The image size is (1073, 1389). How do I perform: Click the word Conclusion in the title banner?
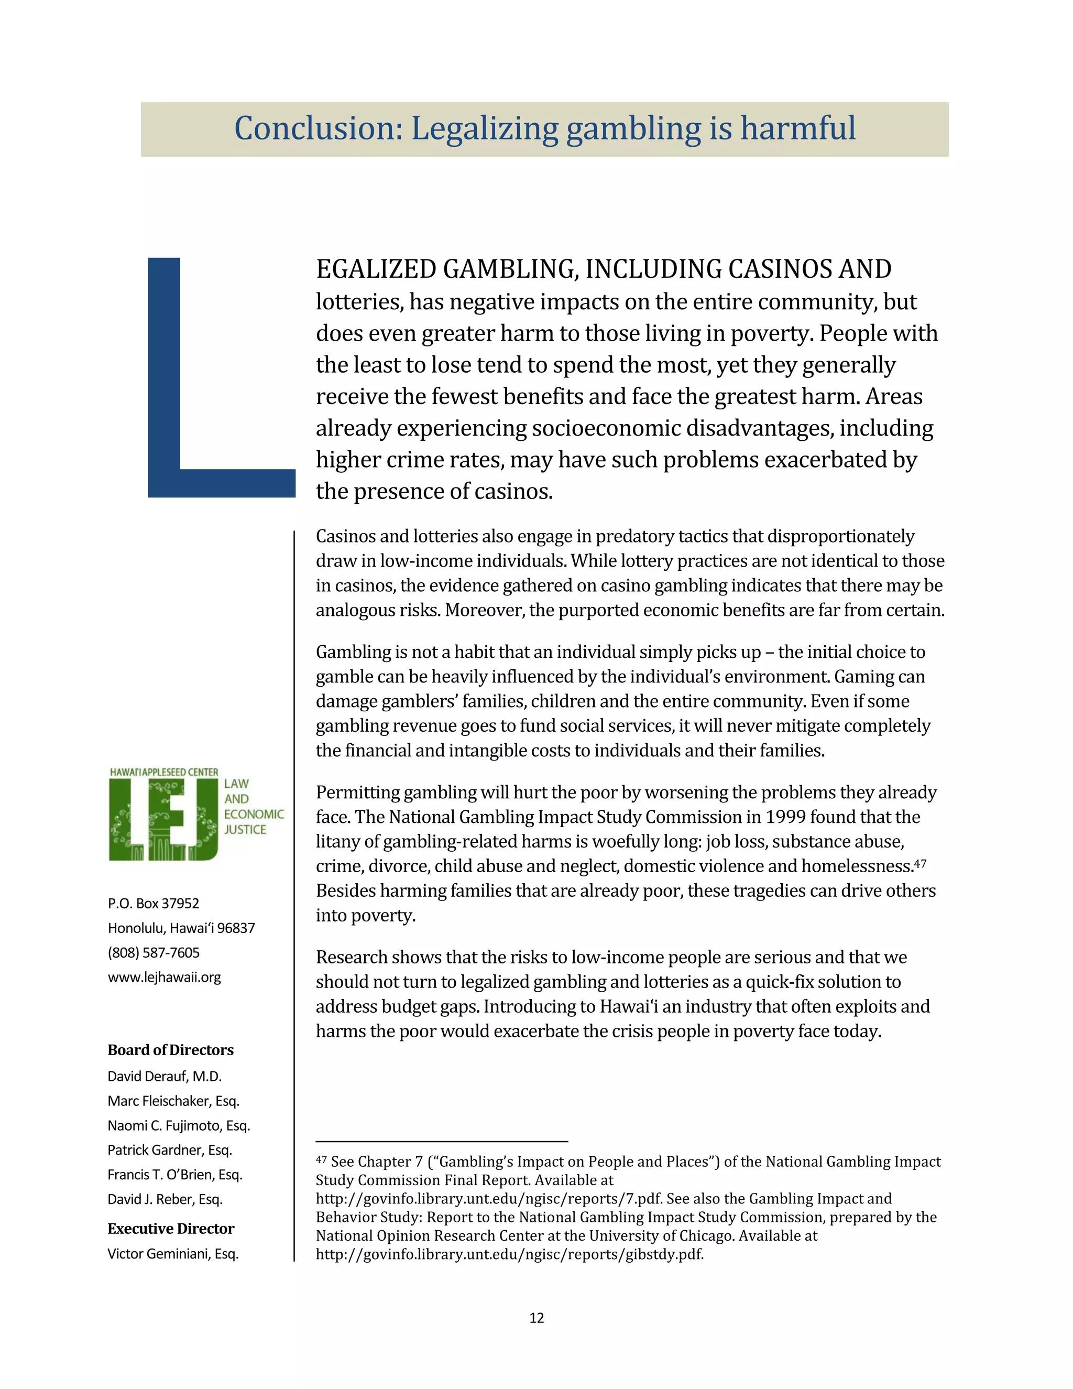[x=318, y=128]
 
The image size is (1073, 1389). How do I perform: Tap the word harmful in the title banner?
[x=798, y=128]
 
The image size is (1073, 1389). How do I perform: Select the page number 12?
[x=536, y=1318]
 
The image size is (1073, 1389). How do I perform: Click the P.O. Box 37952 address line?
[x=153, y=903]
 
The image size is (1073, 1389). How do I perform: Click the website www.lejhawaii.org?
[x=164, y=977]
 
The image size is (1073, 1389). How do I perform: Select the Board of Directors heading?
[x=170, y=1050]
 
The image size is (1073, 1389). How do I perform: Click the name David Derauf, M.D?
[x=164, y=1076]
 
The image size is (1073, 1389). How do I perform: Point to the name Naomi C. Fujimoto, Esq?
[x=179, y=1125]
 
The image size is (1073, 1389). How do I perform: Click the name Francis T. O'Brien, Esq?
[x=175, y=1175]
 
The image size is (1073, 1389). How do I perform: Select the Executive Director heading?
[x=170, y=1229]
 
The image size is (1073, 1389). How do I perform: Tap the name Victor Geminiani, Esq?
[x=172, y=1254]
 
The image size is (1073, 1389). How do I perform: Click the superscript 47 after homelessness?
[x=920, y=863]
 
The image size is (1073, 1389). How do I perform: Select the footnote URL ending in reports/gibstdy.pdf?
[x=509, y=1254]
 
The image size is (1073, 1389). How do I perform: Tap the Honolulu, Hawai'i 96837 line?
[x=181, y=928]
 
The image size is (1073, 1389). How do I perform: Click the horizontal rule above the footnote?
[x=441, y=1142]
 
